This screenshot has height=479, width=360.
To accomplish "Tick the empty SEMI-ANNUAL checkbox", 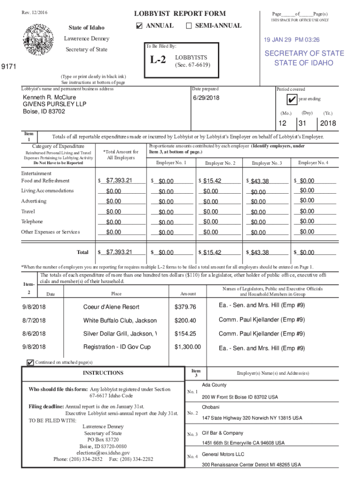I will (189, 26).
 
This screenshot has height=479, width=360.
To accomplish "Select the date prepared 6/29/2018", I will (206, 98).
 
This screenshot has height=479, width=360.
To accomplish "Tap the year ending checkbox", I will (292, 100).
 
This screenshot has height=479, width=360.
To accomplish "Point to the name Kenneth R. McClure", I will (50, 97).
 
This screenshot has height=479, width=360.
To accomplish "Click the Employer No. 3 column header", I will (266, 163).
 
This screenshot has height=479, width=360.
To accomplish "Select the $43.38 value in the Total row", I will (259, 253).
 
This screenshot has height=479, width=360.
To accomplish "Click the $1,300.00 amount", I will (187, 347).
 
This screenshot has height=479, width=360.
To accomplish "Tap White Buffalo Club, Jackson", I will (120, 320).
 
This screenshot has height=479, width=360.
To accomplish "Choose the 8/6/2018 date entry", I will (33, 334).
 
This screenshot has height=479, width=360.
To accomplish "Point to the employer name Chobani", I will (210, 407).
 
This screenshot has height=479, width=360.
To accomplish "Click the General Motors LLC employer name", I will (223, 454).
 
